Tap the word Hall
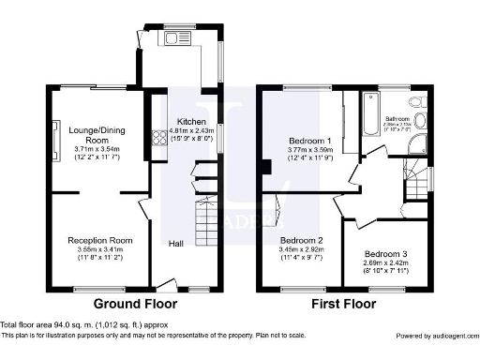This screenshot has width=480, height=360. click(x=175, y=244)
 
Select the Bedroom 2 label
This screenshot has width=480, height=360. click(x=301, y=239)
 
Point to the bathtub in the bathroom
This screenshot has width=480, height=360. click(x=362, y=123)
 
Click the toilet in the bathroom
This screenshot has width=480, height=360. click(x=423, y=101)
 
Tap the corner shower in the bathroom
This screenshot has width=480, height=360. click(x=420, y=142)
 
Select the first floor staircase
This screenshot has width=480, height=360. click(x=413, y=178)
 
